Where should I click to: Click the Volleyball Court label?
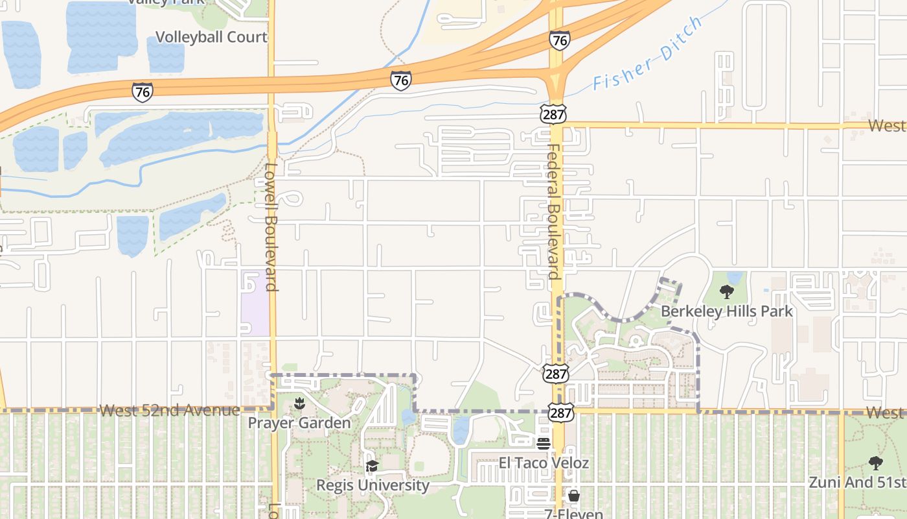211,37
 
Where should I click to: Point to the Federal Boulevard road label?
554,211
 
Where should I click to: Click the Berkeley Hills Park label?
726,311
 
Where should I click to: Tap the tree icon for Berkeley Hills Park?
727,293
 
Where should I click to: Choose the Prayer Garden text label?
299,423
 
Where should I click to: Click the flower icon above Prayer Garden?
299,404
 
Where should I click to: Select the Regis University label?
373,485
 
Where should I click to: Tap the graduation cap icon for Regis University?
372,466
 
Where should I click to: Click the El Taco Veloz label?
544,463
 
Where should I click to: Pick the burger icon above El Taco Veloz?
544,444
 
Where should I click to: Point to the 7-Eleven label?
574,514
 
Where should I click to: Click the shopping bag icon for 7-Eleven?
574,496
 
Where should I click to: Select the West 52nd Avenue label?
170,411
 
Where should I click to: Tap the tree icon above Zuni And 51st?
876,463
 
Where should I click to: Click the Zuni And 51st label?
857,483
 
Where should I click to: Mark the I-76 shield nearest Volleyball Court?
143,92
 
